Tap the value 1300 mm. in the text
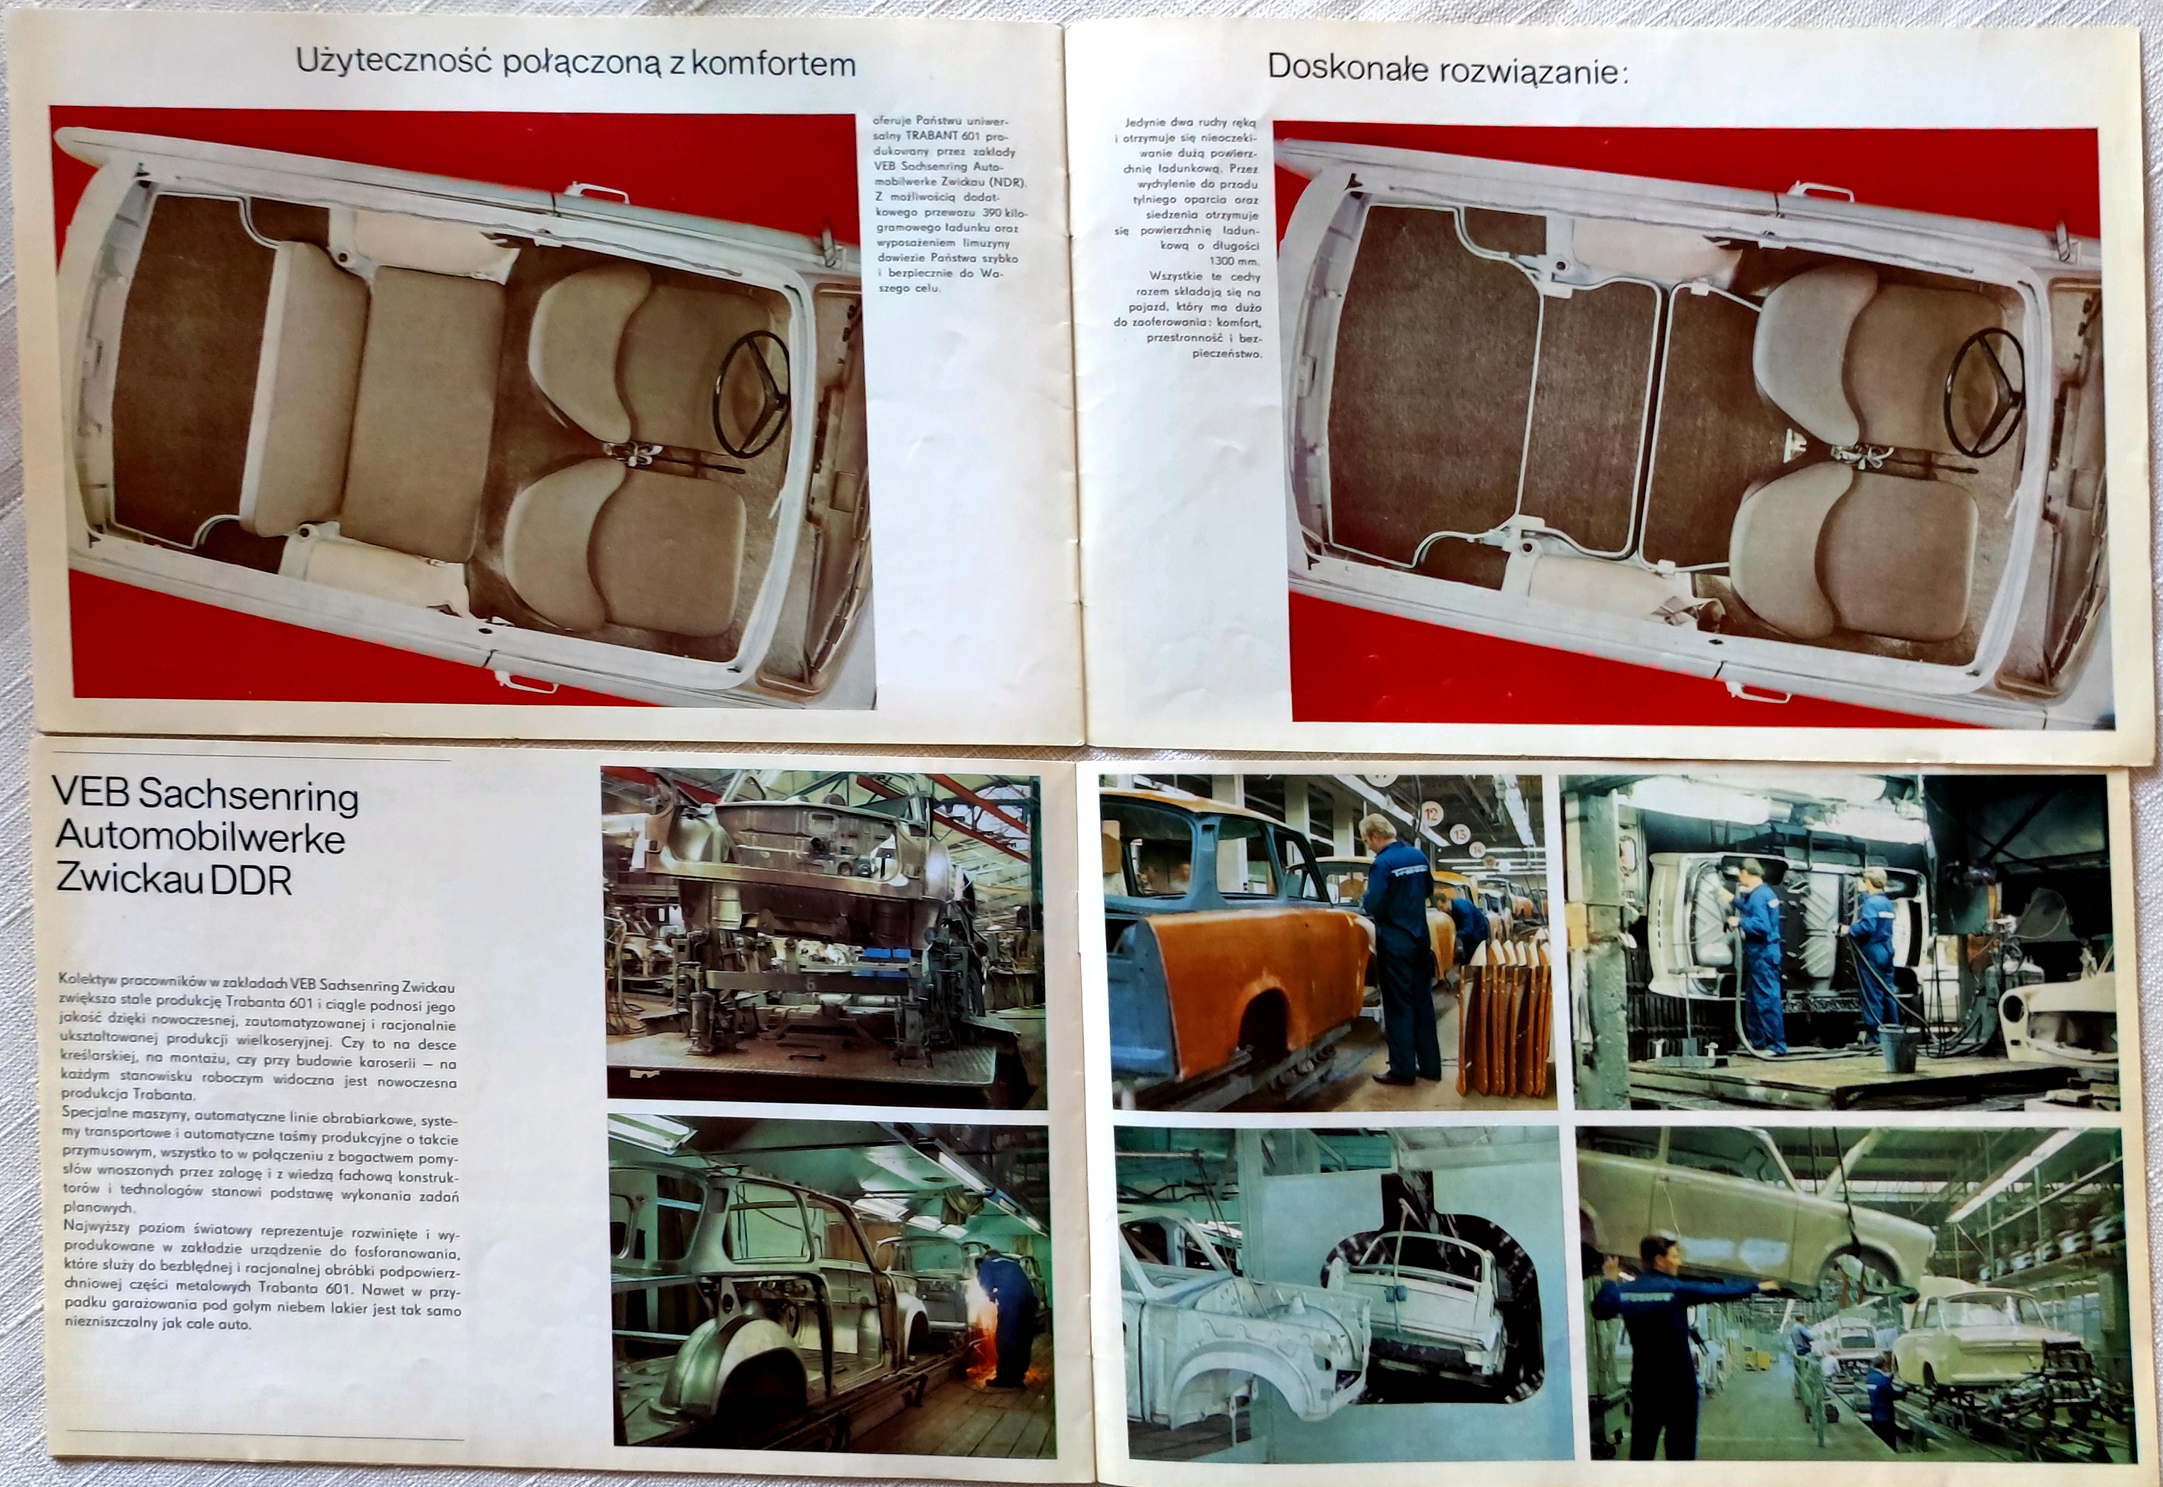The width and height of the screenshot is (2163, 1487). (1234, 261)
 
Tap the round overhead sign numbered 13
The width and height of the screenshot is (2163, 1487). (1459, 832)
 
